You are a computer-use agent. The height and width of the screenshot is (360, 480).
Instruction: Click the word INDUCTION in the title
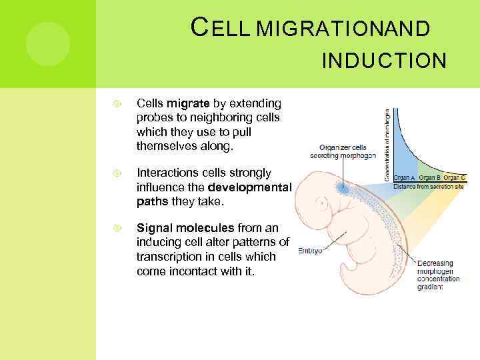point(383,61)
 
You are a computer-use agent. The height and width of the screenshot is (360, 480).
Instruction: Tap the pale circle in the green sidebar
point(47,44)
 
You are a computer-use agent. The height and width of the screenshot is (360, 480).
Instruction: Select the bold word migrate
point(189,103)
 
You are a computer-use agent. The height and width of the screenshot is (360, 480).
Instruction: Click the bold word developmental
point(249,187)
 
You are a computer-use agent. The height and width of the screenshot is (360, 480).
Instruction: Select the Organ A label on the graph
point(404,178)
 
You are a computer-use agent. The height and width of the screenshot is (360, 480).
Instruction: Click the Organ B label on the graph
point(429,178)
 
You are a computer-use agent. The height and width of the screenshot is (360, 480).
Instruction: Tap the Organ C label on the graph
point(454,178)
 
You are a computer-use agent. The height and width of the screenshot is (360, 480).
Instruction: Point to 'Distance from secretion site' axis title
point(429,186)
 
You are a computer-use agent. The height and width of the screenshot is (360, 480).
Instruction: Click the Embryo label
point(309,251)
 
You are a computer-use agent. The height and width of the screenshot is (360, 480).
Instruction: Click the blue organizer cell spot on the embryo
point(344,189)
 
